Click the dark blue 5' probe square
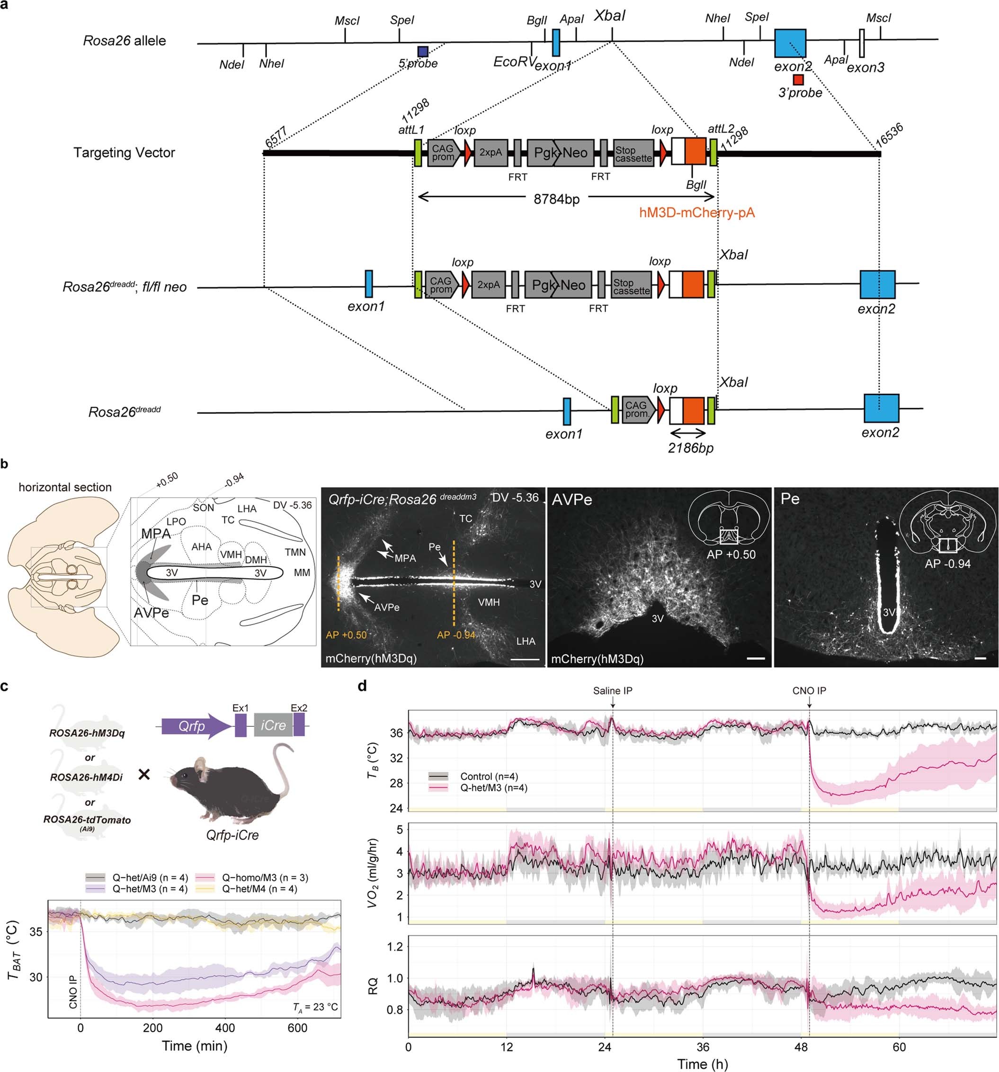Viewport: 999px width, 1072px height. coord(423,52)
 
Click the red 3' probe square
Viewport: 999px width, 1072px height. coord(798,80)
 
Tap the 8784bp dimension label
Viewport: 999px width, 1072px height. coord(556,199)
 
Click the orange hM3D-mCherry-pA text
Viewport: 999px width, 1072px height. coord(696,213)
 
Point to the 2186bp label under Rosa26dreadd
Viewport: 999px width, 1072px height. coord(691,447)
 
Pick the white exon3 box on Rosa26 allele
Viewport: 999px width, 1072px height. coord(862,44)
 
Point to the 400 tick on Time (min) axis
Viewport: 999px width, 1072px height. coord(225,1028)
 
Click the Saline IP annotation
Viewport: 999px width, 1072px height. coord(613,691)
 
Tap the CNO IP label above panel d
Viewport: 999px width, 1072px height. coord(809,691)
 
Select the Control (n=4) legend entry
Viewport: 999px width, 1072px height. coord(489,777)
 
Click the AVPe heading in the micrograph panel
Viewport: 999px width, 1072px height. coord(571,500)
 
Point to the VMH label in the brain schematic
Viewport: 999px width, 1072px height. coord(231,554)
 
